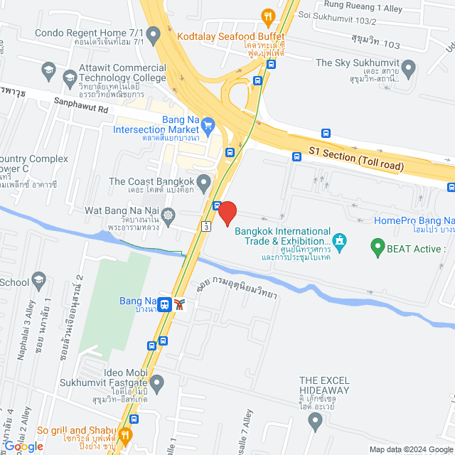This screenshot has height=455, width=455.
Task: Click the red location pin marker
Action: (x=227, y=213)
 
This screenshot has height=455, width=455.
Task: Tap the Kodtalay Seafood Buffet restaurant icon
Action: (x=267, y=16)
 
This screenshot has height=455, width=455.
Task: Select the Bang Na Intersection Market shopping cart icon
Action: (x=208, y=127)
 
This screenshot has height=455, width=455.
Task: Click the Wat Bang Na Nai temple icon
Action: (x=168, y=214)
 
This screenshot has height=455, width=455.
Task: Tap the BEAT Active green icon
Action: (x=378, y=248)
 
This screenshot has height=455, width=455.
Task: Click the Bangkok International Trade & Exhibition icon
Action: (x=341, y=242)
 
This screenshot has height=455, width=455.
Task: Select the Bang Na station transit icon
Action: (x=165, y=304)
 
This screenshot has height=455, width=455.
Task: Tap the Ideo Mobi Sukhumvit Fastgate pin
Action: (x=157, y=384)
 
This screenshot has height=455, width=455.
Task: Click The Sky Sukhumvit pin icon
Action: (x=408, y=69)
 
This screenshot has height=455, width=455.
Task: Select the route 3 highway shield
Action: (x=205, y=226)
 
